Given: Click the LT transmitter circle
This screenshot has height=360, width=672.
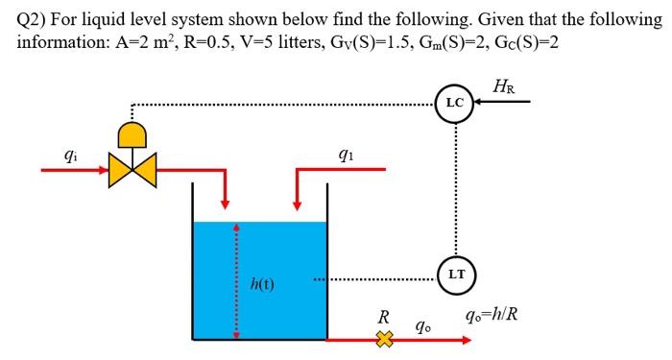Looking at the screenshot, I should coord(457,275).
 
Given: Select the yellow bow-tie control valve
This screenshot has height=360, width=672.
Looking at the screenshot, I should coord(132,171).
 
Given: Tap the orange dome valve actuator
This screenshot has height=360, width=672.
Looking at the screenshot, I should coord(132,131).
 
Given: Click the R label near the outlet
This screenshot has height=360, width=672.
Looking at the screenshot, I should coord(383,316).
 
